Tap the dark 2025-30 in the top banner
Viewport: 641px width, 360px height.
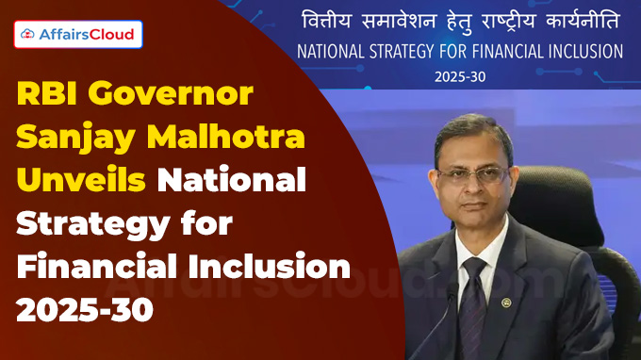[460, 76]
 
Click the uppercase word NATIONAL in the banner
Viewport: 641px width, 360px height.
[337, 51]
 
